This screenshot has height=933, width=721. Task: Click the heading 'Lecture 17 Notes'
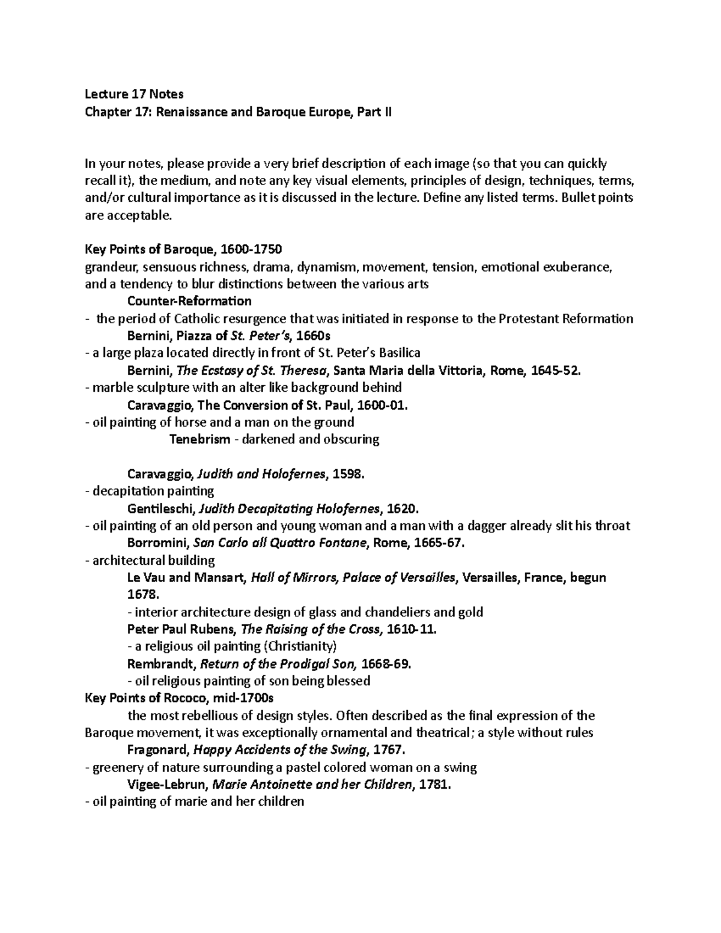[x=134, y=94]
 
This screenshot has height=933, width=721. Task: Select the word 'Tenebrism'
[x=199, y=439]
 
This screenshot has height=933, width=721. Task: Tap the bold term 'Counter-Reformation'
[x=189, y=300]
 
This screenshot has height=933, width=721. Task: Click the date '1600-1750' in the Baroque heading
[x=251, y=249]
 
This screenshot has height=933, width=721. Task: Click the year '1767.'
[x=390, y=750]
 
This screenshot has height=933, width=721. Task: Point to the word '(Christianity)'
[x=300, y=646]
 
